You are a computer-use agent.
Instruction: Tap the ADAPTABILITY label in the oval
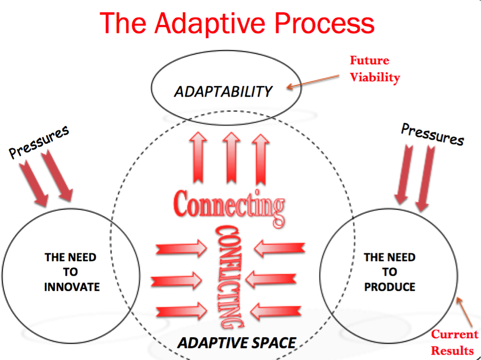pyautogui.click(x=224, y=92)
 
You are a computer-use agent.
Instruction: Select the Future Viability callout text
pyautogui.click(x=374, y=69)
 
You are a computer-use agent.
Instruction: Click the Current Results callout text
pyautogui.click(x=455, y=342)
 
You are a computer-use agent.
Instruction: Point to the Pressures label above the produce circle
pyautogui.click(x=432, y=134)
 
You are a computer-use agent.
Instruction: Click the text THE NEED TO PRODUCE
pyautogui.click(x=389, y=272)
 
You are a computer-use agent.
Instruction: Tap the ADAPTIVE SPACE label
pyautogui.click(x=236, y=343)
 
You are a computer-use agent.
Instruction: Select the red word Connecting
pyautogui.click(x=229, y=206)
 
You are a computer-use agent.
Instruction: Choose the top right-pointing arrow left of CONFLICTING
pyautogui.click(x=177, y=248)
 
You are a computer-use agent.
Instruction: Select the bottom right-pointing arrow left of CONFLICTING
pyautogui.click(x=177, y=310)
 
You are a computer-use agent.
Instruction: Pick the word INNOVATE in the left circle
pyautogui.click(x=72, y=287)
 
